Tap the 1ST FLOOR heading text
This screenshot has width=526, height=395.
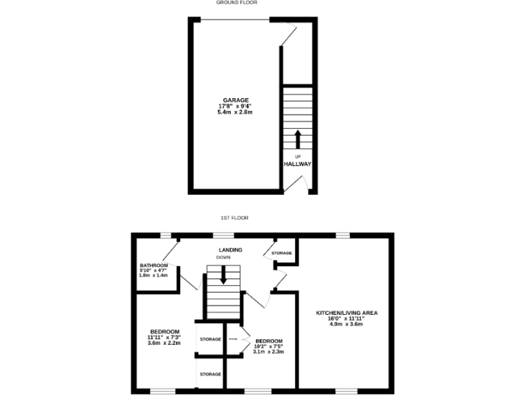(234, 217)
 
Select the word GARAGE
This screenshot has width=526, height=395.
(234, 100)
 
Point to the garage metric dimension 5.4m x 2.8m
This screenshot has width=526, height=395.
(234, 112)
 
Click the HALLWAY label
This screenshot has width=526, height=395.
(297, 164)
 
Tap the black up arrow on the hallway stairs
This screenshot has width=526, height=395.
(297, 139)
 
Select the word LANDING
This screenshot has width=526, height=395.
(230, 250)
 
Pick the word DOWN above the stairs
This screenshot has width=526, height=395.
(223, 257)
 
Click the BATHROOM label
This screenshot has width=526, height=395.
(153, 265)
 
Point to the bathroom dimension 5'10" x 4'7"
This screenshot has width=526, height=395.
(153, 270)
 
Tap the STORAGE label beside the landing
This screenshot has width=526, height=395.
(281, 253)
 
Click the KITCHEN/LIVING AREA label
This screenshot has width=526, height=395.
(347, 313)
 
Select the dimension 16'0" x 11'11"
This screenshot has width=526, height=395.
(347, 318)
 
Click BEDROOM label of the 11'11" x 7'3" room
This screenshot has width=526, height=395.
(164, 331)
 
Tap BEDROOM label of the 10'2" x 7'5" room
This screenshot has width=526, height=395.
(268, 341)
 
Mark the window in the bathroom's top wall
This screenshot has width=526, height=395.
(166, 235)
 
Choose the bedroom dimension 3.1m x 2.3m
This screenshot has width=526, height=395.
(268, 352)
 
